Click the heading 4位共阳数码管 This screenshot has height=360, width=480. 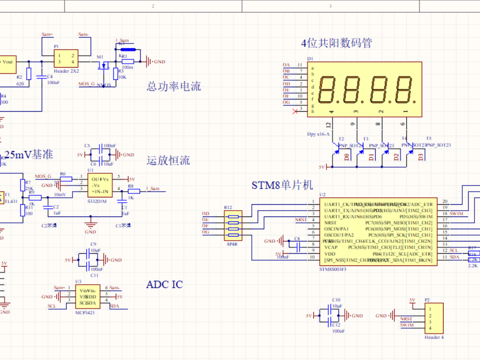pos(336,43)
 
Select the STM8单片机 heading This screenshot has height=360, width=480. pos(283,185)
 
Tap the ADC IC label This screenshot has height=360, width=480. pos(164,285)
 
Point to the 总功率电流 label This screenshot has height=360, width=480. pos(174,86)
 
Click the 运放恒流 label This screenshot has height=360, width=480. pos(168,160)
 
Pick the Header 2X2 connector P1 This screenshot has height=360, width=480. pos(66,58)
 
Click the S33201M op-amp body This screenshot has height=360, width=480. pos(99,185)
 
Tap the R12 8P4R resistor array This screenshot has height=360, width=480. pos(232,225)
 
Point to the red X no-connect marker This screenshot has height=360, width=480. pos(295,112)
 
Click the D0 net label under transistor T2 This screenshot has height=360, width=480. pos(347,158)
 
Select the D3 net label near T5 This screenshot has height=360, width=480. pos(420,158)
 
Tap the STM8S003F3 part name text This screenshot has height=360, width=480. pos(333,269)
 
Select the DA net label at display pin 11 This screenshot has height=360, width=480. pos(286,65)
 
